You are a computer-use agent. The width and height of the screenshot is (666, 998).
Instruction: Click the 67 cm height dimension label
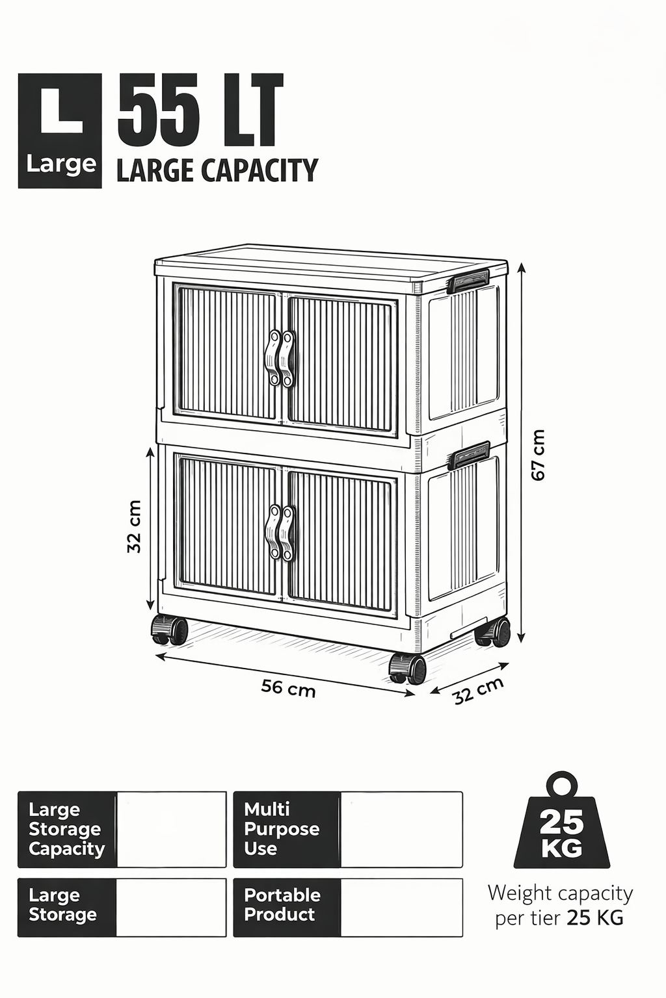click(539, 454)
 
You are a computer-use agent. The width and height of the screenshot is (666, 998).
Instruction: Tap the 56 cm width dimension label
click(288, 689)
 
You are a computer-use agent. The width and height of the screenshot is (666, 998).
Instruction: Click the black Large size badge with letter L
click(60, 131)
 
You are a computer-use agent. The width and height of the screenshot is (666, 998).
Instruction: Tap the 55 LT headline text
click(200, 110)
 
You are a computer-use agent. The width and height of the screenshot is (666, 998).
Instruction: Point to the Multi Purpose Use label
click(282, 829)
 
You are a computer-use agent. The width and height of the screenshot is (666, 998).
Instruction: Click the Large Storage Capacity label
click(66, 829)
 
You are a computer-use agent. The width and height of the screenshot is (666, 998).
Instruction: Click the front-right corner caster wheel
click(408, 669)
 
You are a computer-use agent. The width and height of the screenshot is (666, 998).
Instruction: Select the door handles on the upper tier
click(280, 358)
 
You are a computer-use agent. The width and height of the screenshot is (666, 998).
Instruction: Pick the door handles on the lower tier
click(280, 532)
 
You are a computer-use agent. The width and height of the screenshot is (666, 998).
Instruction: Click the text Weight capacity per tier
click(560, 905)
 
